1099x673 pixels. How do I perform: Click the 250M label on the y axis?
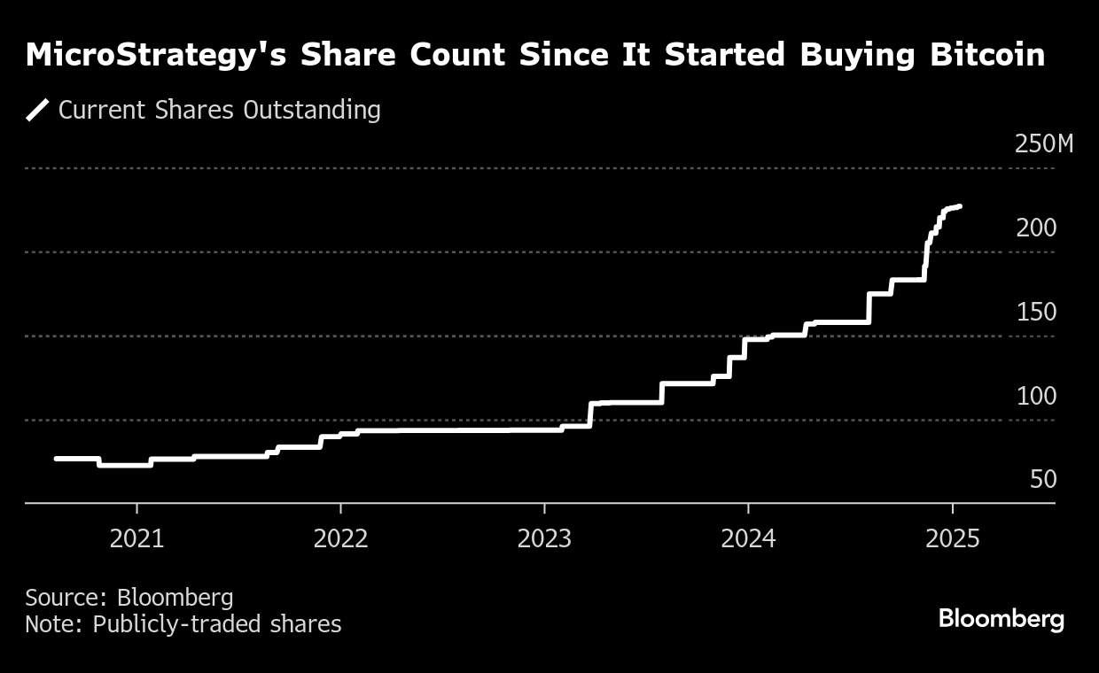coord(1043,143)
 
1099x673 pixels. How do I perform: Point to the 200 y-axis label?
coord(1036,228)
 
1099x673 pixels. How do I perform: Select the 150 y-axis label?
coord(1036,312)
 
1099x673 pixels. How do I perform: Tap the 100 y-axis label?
coord(1036,396)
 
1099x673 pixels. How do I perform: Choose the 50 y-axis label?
coord(1044,479)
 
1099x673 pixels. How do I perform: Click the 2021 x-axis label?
coord(136,538)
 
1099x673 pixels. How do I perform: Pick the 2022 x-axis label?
coord(340,538)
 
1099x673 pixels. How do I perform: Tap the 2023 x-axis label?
coord(544,538)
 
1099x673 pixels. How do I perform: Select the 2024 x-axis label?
coord(748,538)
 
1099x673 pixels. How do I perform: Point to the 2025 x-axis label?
coord(952,538)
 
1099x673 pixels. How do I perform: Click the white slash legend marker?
coord(37,111)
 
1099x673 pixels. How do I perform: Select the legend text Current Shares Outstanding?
coord(219,111)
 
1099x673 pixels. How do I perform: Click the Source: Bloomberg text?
coord(129,597)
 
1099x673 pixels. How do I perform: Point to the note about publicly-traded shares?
coord(183,624)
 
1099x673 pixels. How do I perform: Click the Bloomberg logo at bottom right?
coord(1001,618)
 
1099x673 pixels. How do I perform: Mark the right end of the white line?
coord(961,206)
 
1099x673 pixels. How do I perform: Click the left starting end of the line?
coord(57,458)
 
